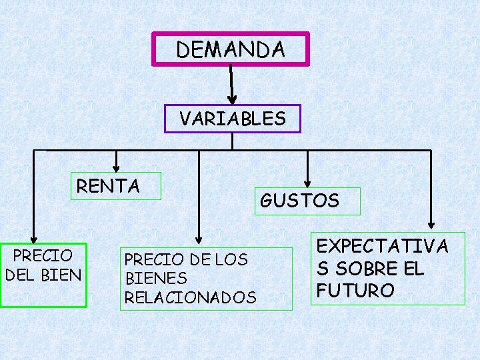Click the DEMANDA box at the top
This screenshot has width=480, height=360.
(x=231, y=49)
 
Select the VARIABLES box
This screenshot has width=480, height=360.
(x=232, y=119)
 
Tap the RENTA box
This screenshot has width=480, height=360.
(x=109, y=185)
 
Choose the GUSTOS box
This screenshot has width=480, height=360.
(x=300, y=200)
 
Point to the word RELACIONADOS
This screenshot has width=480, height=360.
(x=190, y=297)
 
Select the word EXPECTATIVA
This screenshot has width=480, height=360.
(x=382, y=246)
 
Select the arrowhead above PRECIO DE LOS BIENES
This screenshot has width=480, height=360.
(x=198, y=237)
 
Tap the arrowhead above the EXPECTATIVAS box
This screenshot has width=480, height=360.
(x=432, y=224)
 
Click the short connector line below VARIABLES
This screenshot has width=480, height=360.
(x=231, y=141)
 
